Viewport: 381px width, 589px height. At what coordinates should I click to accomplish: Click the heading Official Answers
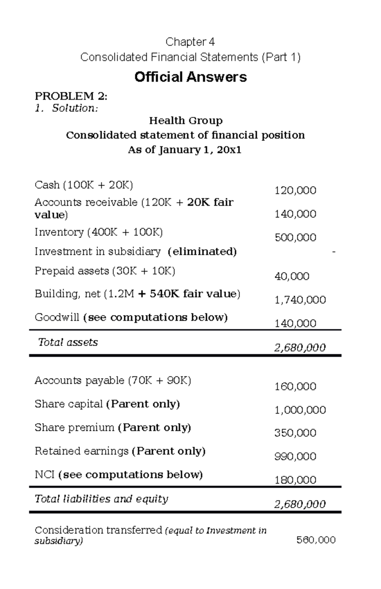(190, 77)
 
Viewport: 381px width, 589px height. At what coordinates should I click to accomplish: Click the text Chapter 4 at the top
(190, 42)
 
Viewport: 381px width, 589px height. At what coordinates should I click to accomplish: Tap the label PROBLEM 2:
(71, 96)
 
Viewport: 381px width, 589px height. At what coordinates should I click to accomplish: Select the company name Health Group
(186, 121)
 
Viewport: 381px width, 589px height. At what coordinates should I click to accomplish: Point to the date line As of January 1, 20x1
(184, 150)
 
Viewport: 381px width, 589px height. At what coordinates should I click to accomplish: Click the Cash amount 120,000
(295, 191)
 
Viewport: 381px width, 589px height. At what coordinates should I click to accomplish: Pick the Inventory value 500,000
(295, 238)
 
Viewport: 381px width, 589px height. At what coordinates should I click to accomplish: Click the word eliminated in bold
(202, 251)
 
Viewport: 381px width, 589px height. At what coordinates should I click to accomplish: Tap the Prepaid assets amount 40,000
(292, 276)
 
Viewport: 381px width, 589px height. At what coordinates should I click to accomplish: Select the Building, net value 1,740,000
(300, 300)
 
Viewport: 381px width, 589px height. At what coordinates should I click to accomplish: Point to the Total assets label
(68, 342)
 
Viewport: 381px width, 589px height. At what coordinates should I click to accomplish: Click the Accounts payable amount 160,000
(295, 386)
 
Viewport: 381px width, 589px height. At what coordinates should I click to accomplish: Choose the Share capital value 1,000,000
(300, 410)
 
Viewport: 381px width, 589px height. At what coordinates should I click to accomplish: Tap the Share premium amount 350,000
(295, 433)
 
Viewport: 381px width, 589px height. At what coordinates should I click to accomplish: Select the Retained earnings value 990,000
(295, 457)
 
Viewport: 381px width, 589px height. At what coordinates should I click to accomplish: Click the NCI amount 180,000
(295, 480)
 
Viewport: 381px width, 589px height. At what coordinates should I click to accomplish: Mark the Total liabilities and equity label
(101, 499)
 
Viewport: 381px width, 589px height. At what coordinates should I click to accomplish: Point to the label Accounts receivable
(86, 202)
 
